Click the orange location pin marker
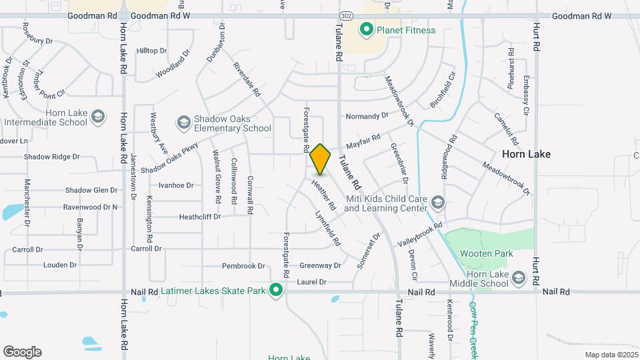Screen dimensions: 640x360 coord(320,159)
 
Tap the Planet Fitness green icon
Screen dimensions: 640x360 coord(366,29)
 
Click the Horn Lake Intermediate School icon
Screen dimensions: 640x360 coord(98,117)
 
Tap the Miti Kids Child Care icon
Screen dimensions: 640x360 coord(437,202)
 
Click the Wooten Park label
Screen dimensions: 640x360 coord(486,253)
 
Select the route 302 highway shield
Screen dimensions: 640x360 coord(345,15)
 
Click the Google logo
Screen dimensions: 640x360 coord(22,352)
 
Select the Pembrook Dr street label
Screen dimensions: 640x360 coord(243,266)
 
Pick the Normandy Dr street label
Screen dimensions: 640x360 coord(367,117)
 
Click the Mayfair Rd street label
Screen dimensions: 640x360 coord(363,141)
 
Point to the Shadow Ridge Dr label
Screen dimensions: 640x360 coord(51,157)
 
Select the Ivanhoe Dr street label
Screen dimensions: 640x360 coord(176,185)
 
